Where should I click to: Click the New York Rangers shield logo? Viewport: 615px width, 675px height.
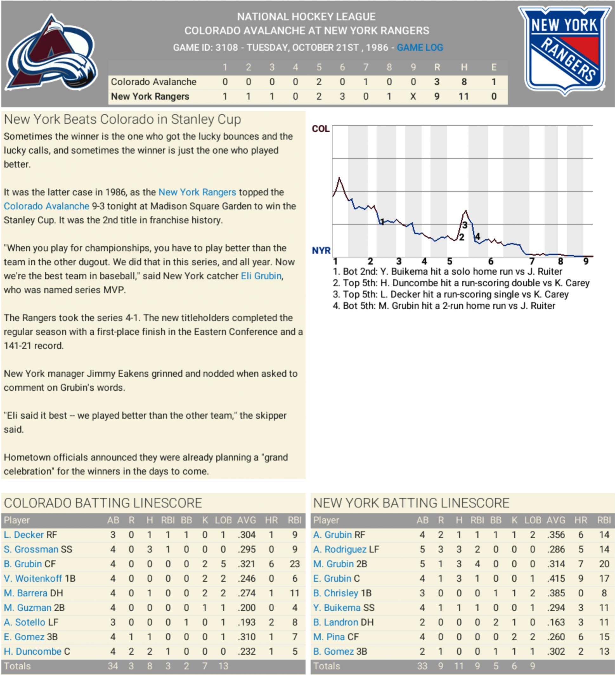pyautogui.click(x=565, y=50)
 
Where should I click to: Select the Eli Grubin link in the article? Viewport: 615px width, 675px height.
pyautogui.click(x=261, y=276)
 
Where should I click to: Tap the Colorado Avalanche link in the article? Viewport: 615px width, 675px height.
pyautogui.click(x=46, y=206)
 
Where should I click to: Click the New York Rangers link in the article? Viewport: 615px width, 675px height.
pyautogui.click(x=197, y=192)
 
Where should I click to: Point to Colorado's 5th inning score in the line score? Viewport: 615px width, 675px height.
pyautogui.click(x=318, y=82)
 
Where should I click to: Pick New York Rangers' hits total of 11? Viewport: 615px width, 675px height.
pyautogui.click(x=463, y=96)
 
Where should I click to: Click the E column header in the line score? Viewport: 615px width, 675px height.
pyautogui.click(x=494, y=67)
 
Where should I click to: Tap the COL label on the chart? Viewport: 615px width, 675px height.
pyautogui.click(x=321, y=129)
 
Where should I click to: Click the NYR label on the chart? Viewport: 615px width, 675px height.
pyautogui.click(x=321, y=250)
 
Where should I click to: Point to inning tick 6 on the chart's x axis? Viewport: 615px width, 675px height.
pyautogui.click(x=491, y=261)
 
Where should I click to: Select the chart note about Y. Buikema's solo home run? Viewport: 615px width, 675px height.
pyautogui.click(x=447, y=272)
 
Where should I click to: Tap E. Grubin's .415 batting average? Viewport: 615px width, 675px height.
pyautogui.click(x=556, y=579)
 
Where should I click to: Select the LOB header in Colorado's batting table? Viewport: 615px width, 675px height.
pyautogui.click(x=223, y=520)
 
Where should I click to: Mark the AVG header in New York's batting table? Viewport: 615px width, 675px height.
pyautogui.click(x=556, y=520)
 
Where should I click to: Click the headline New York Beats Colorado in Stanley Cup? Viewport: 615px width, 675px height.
pyautogui.click(x=122, y=120)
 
